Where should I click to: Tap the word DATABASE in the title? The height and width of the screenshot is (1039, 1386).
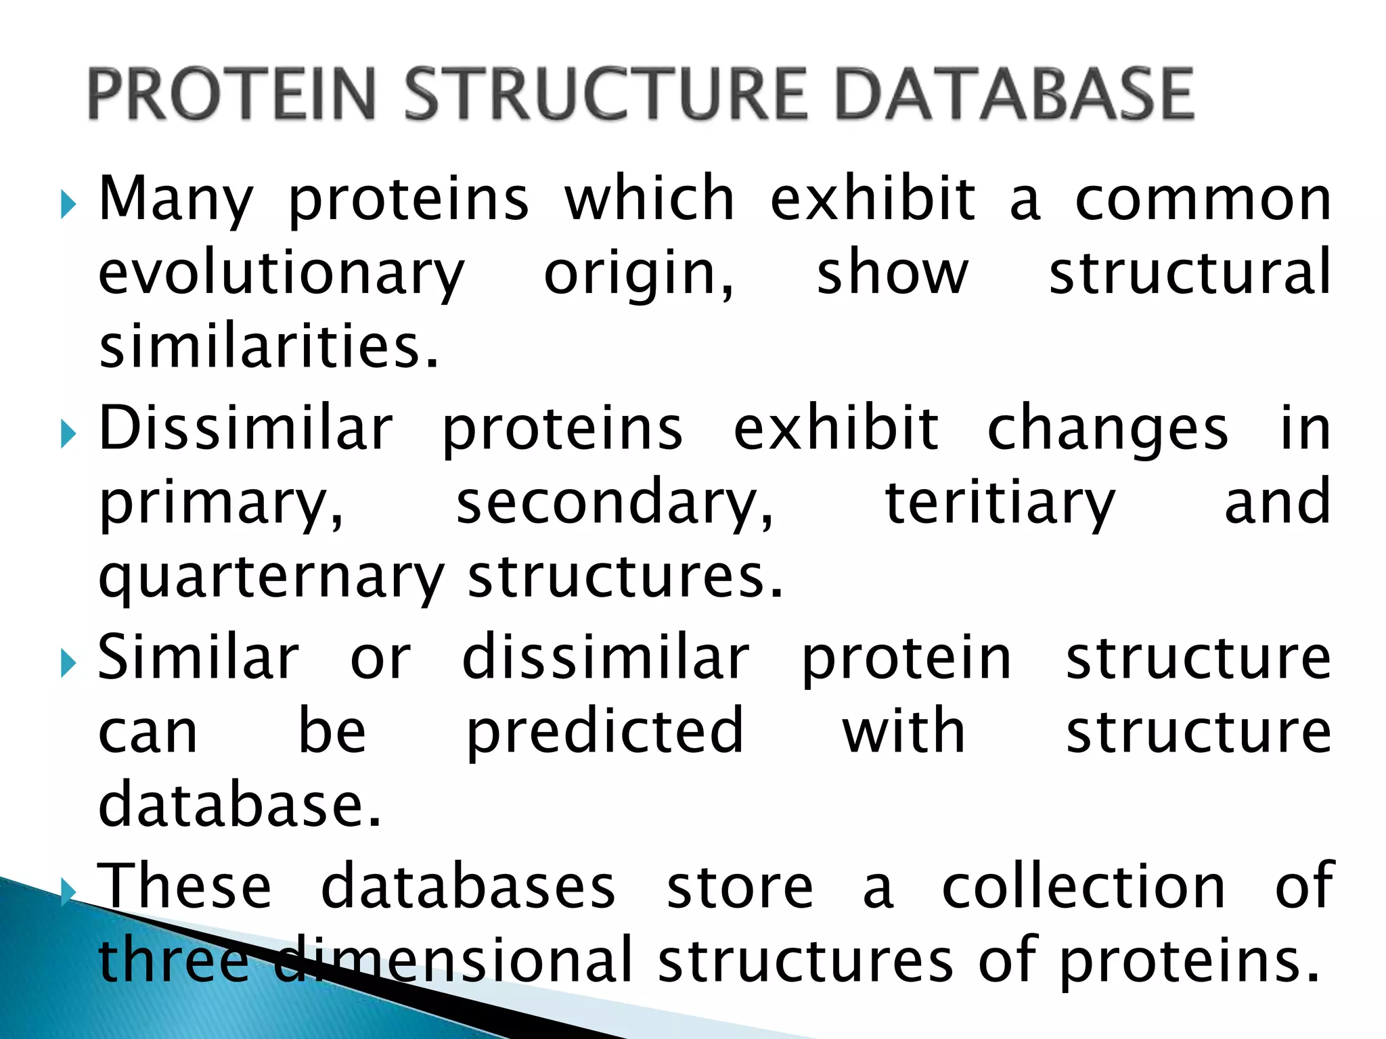(x=1014, y=94)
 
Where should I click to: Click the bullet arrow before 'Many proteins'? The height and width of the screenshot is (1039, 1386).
(x=68, y=204)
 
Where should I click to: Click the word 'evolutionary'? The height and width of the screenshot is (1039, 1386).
(x=281, y=275)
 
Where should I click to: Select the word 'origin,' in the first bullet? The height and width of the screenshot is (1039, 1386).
(x=638, y=275)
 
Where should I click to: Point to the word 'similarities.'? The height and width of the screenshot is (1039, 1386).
(x=269, y=346)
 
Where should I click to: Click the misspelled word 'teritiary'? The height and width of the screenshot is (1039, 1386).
(x=1000, y=504)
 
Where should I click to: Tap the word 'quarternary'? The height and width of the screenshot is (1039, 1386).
(x=271, y=578)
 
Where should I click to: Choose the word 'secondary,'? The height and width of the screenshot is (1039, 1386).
(x=614, y=504)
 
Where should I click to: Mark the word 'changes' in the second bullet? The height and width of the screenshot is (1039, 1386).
(x=1107, y=430)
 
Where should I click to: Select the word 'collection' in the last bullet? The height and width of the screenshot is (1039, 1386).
(x=1083, y=887)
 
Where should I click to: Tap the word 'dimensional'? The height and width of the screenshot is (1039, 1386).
(x=453, y=960)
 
